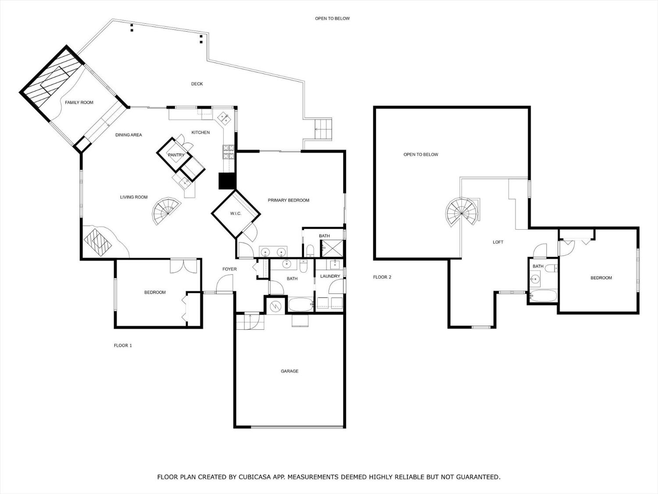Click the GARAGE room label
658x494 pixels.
pyautogui.click(x=289, y=371)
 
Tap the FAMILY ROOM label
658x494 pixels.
pyautogui.click(x=79, y=102)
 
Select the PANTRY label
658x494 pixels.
pyautogui.click(x=176, y=155)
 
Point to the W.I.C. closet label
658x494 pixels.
pyautogui.click(x=236, y=213)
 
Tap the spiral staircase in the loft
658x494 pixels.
pyautogui.click(x=461, y=212)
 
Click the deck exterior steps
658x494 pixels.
pyautogui.click(x=323, y=129)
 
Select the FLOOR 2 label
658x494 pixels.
pyautogui.click(x=382, y=277)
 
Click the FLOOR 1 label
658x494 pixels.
pyautogui.click(x=123, y=346)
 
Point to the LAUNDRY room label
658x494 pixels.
pyautogui.click(x=330, y=276)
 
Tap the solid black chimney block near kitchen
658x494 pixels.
pyautogui.click(x=227, y=181)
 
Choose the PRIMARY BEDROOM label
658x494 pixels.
pyautogui.click(x=288, y=200)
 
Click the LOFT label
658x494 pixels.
pyautogui.click(x=498, y=242)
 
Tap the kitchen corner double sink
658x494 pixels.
pyautogui.click(x=224, y=118)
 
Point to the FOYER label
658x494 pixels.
pyautogui.click(x=229, y=269)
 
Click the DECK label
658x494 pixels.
pyautogui.click(x=197, y=84)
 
